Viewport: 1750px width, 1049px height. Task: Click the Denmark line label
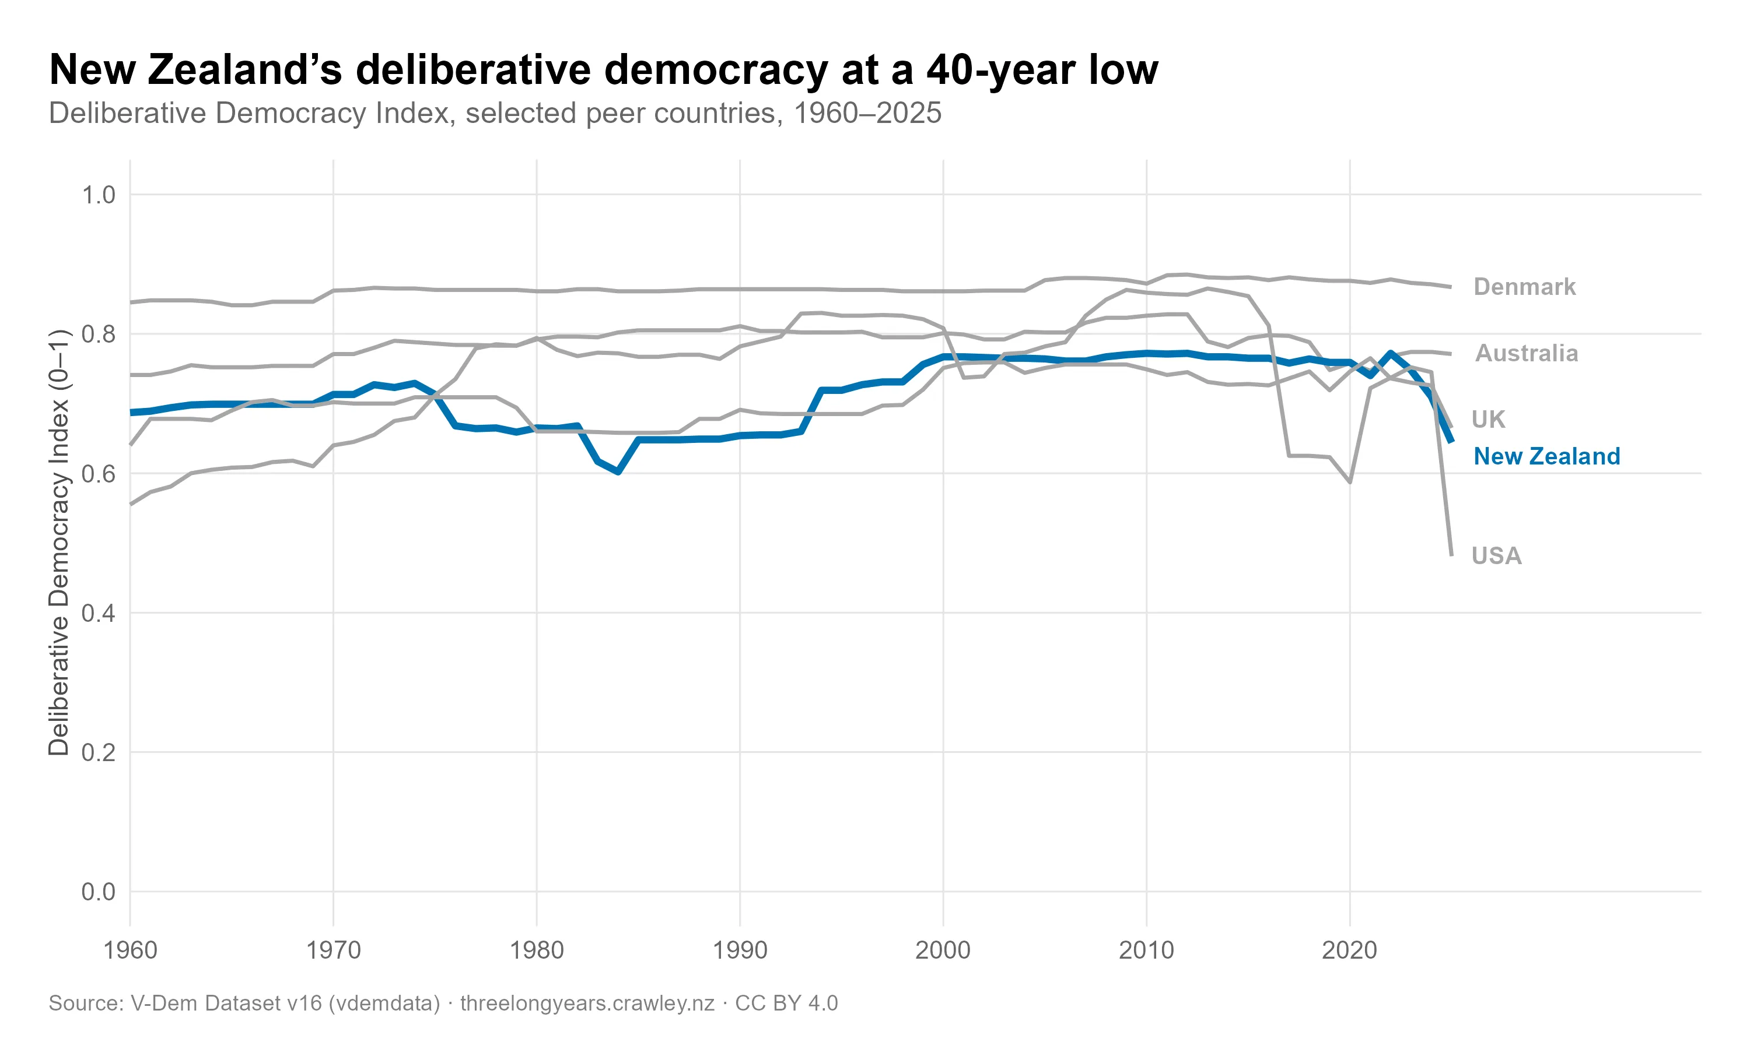[x=1524, y=287]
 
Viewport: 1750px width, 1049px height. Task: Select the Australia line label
[x=1526, y=353]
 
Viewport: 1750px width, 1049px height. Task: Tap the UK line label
[x=1487, y=419]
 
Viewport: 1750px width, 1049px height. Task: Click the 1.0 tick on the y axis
[x=99, y=195]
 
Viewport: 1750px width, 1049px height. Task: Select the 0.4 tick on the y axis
[x=99, y=613]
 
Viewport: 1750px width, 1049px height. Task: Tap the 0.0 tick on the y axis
[x=99, y=892]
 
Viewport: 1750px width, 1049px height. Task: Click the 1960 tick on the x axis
[x=130, y=950]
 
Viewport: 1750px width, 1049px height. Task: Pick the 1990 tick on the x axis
[x=740, y=950]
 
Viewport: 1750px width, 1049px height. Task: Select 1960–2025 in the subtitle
[x=867, y=113]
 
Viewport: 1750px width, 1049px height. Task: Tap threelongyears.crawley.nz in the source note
[x=587, y=1003]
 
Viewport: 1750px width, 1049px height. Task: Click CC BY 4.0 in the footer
[x=786, y=1003]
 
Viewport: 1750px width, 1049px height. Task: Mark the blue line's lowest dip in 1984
[x=618, y=471]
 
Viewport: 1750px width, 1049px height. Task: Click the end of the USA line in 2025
[x=1451, y=554]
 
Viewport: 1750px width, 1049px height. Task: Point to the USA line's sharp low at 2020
[x=1350, y=482]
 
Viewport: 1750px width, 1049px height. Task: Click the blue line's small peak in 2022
[x=1391, y=353]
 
